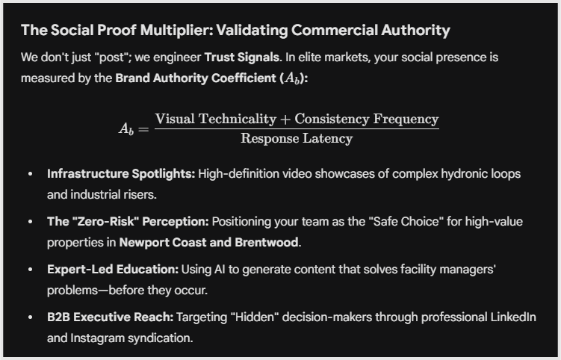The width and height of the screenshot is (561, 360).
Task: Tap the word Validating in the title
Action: point(252,31)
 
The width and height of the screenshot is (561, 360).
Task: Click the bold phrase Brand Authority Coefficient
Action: point(196,78)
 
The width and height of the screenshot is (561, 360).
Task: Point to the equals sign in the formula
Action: point(143,128)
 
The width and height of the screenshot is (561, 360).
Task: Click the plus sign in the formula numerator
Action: point(285,120)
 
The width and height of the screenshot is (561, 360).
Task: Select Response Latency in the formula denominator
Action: point(297,138)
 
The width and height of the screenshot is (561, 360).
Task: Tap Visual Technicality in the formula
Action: point(216,119)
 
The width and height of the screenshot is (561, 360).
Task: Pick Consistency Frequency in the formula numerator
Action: point(367,120)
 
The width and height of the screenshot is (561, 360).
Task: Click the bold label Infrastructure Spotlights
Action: point(121,174)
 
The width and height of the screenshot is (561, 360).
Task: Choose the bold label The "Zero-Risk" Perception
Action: point(128,222)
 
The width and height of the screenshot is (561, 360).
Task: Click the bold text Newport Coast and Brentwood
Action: point(208,242)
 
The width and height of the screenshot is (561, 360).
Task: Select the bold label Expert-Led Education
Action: point(113,269)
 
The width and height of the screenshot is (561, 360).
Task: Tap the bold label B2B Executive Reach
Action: point(111,317)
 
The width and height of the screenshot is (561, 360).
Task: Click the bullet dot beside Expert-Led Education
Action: point(31,270)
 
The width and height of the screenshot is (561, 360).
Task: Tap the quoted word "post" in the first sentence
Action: point(112,58)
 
